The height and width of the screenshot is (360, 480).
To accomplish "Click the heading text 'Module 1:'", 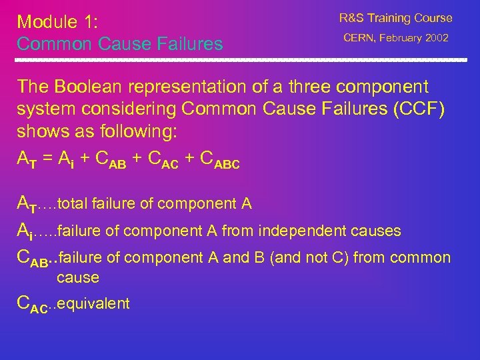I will point(57,21).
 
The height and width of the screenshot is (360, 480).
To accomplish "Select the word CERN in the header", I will point(360,39).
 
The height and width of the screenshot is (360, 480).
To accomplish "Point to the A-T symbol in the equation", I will point(26,160).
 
